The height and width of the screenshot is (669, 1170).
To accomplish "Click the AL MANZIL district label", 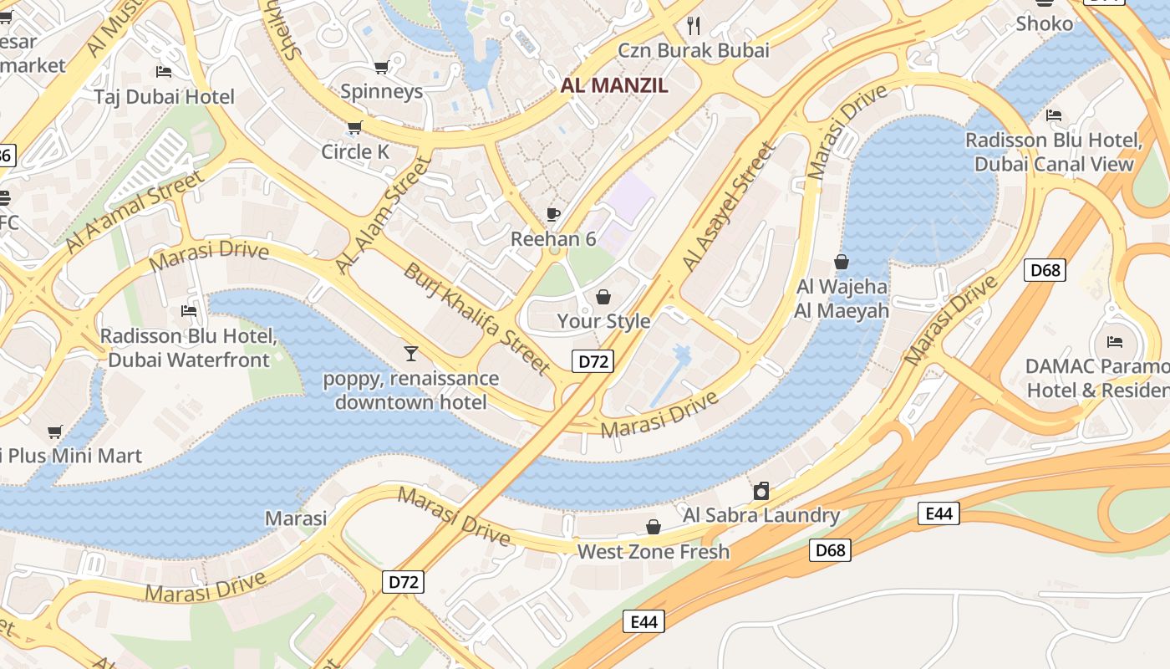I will [x=614, y=85].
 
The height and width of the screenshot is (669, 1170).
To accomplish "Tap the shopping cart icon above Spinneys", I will [x=381, y=67].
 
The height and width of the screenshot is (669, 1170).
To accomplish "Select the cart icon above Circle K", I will [x=354, y=128].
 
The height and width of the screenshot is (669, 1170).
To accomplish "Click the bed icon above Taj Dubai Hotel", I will [x=164, y=72].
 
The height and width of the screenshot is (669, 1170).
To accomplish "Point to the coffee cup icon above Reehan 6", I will [x=552, y=214].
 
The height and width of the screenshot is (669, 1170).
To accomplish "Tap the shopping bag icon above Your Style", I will [x=603, y=297].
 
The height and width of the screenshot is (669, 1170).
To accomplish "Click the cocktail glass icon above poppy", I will [x=410, y=354].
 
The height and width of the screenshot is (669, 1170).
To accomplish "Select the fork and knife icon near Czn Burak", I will [x=693, y=25].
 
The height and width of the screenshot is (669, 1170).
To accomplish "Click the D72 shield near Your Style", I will [x=593, y=361].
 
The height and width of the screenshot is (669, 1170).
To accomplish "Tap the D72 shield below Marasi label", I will [x=403, y=582].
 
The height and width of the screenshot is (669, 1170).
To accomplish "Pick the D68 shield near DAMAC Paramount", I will [x=1045, y=270].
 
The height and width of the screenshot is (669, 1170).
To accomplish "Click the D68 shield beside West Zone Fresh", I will [x=830, y=549].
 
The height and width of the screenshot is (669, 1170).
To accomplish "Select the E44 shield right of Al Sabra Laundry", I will [x=939, y=513].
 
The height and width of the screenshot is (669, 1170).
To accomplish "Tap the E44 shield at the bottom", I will [x=643, y=621].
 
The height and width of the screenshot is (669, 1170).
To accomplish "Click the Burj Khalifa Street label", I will [x=477, y=319].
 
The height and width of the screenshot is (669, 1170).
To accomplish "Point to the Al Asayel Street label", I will [x=729, y=207].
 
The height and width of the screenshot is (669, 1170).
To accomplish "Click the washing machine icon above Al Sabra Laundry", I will [x=761, y=491].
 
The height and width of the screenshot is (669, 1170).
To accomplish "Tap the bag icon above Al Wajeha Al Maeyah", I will [x=842, y=263].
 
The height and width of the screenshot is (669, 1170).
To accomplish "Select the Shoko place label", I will [x=1044, y=24].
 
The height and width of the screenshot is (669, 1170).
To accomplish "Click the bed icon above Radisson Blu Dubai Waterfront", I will [x=189, y=312].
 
